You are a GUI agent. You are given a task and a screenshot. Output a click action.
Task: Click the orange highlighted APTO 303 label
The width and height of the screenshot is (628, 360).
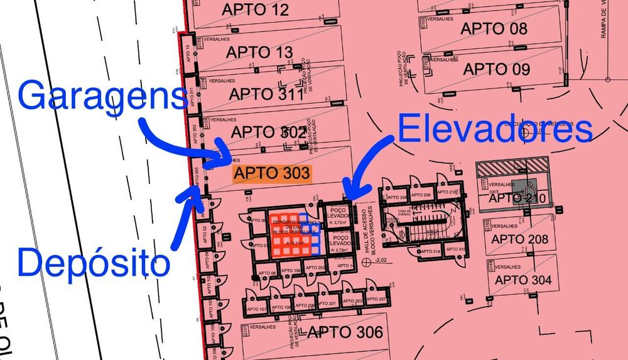pos(272,173)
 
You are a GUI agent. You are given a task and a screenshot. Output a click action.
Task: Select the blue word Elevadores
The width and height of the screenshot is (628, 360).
pos(495,130)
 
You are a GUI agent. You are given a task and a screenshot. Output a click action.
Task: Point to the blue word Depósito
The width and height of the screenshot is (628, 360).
pos(94,262)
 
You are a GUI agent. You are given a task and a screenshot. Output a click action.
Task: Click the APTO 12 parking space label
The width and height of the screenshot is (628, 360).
pos(256,10)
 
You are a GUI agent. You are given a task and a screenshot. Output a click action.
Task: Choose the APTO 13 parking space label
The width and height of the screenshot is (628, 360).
pos(259,52)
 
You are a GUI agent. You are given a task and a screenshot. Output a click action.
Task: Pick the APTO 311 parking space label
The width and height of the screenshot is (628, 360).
pos(266,94)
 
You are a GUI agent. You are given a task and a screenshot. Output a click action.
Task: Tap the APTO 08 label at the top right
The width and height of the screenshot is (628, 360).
pos(494,28)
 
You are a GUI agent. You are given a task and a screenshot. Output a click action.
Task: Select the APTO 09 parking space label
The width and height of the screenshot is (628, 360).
pos(496,69)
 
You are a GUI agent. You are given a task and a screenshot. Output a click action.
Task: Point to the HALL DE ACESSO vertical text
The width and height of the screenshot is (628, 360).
pos(368,229)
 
